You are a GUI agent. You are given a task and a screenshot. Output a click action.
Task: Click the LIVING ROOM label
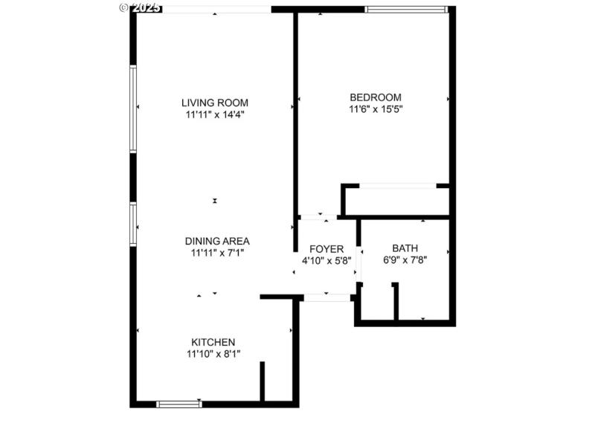(215, 103)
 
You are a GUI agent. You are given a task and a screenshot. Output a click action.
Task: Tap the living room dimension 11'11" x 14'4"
(215, 114)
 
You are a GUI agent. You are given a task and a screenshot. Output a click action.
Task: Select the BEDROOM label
(376, 97)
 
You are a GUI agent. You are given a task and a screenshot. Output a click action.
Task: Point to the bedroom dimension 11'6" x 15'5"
(376, 109)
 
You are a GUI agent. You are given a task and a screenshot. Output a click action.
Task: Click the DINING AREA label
(217, 241)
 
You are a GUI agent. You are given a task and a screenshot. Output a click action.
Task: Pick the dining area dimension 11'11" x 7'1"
(217, 253)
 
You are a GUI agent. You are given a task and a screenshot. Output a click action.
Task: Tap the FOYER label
(327, 249)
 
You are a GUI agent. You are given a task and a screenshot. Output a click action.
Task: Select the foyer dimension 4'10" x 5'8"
(327, 261)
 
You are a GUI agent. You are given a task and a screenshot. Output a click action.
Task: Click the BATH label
(405, 249)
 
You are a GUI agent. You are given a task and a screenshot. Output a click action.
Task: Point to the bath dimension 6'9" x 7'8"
(405, 261)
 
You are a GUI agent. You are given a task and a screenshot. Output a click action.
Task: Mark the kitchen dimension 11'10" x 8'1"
(213, 354)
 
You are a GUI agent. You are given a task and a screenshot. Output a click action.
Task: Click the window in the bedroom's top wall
(406, 10)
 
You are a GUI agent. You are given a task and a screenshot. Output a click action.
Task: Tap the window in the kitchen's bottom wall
(179, 404)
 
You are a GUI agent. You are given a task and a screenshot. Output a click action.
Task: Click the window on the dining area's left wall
(133, 224)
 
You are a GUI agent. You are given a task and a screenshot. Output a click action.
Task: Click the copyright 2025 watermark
(140, 7)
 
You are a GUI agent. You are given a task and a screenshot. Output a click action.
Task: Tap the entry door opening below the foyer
(327, 297)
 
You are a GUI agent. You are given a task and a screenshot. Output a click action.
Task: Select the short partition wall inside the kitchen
(262, 381)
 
